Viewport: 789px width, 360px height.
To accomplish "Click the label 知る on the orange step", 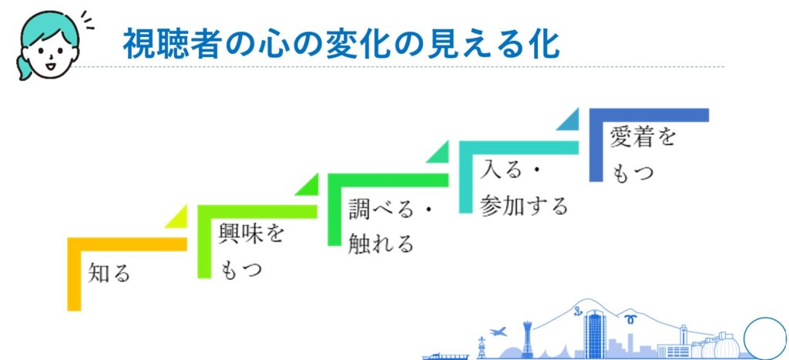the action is (x=109, y=274).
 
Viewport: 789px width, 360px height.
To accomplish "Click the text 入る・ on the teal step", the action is (x=509, y=171).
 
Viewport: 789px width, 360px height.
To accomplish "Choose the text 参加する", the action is (x=524, y=206).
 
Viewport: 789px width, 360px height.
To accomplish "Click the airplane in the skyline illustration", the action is (x=498, y=331).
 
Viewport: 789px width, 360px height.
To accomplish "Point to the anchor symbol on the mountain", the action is (x=578, y=311).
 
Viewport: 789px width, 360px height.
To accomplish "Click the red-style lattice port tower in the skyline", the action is (x=527, y=341).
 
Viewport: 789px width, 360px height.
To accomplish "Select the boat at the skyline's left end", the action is (x=446, y=356).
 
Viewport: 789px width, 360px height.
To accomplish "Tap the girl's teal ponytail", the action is (x=23, y=67).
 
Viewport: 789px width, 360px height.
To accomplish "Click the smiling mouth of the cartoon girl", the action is (x=50, y=66).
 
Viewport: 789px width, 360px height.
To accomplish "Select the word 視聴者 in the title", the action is (x=172, y=44).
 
